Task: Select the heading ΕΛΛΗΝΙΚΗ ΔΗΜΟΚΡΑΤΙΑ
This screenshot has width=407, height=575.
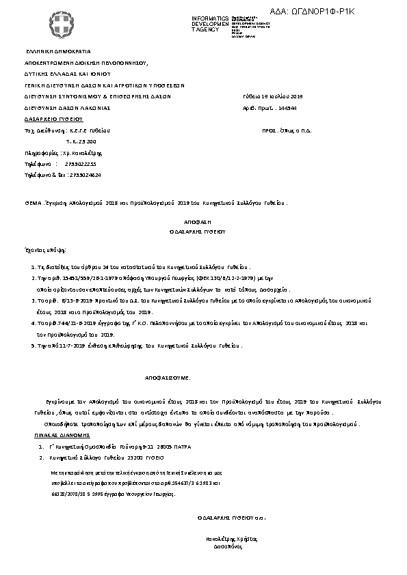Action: point(58,51)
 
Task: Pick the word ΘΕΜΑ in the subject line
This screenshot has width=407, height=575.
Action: point(33,204)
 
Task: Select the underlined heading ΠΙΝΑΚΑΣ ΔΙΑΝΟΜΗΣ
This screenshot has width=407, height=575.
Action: point(62,434)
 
